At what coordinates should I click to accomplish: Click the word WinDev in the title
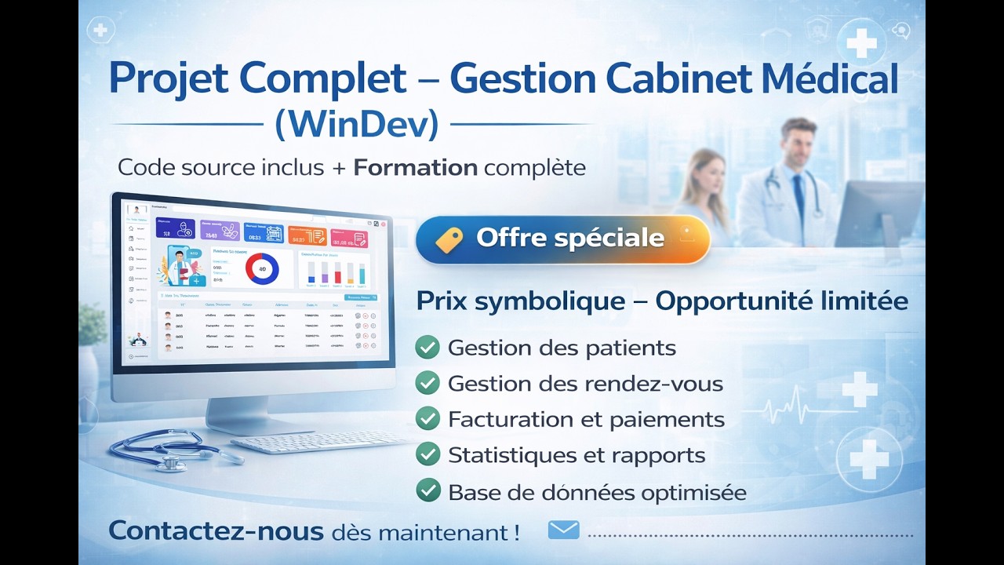357,124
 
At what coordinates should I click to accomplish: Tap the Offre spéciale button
563,239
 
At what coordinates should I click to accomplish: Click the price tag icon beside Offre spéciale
449,239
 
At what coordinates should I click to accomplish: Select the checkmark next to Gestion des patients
427,347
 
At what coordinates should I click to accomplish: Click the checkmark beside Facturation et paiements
427,418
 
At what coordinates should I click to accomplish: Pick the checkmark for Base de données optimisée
427,490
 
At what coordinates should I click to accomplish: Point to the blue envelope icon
563,530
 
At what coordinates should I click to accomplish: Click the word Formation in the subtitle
415,167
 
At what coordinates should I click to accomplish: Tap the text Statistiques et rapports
576,455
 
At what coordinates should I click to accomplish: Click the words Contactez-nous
216,531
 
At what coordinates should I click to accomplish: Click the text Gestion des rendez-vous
585,384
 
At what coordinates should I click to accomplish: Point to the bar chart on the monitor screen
336,271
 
